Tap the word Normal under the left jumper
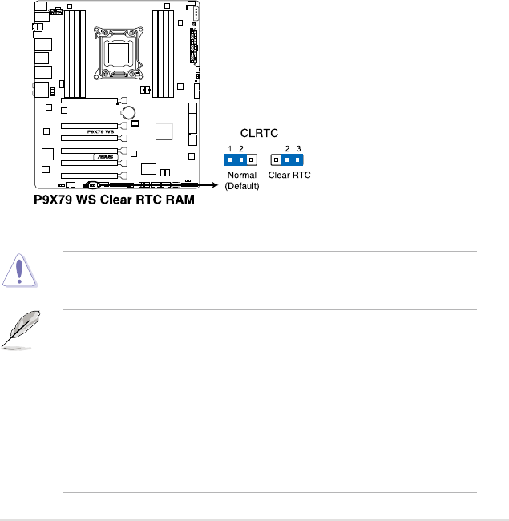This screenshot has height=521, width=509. coord(241,175)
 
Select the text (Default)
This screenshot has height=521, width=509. coord(241,185)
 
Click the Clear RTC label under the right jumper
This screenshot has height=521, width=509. coord(289,175)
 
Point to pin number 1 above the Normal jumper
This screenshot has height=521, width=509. coord(230,149)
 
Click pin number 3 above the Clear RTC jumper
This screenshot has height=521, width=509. coord(298,149)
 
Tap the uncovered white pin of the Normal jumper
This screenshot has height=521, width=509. coord(252,160)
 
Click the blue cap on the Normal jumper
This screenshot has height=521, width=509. coord(236,160)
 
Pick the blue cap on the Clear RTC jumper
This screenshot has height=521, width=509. coord(293,160)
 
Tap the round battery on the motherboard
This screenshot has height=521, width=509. coord(127,113)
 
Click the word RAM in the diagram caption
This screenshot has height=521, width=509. coord(176,201)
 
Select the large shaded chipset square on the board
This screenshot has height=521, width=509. coord(164,131)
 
